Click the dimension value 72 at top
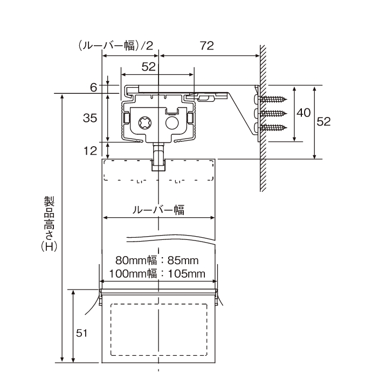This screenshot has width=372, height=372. point(207,45)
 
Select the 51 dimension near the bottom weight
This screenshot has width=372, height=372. point(81,333)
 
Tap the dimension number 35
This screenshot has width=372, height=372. point(90,118)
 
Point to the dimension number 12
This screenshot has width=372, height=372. point(90,150)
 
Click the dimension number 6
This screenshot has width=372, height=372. point(93,87)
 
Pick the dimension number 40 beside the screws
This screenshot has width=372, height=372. point(304,113)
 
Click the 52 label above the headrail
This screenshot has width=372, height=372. point(148,67)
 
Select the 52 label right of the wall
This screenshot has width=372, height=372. point(323,121)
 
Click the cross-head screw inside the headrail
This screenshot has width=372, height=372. point(145,123)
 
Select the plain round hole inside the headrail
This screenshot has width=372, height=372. point(172,123)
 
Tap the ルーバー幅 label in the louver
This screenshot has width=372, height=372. point(159,210)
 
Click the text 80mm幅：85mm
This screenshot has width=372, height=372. point(157,260)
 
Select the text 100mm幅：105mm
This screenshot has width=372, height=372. point(157,274)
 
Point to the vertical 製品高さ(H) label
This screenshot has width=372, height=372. point(49,224)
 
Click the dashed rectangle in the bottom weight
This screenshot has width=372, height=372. point(159,330)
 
